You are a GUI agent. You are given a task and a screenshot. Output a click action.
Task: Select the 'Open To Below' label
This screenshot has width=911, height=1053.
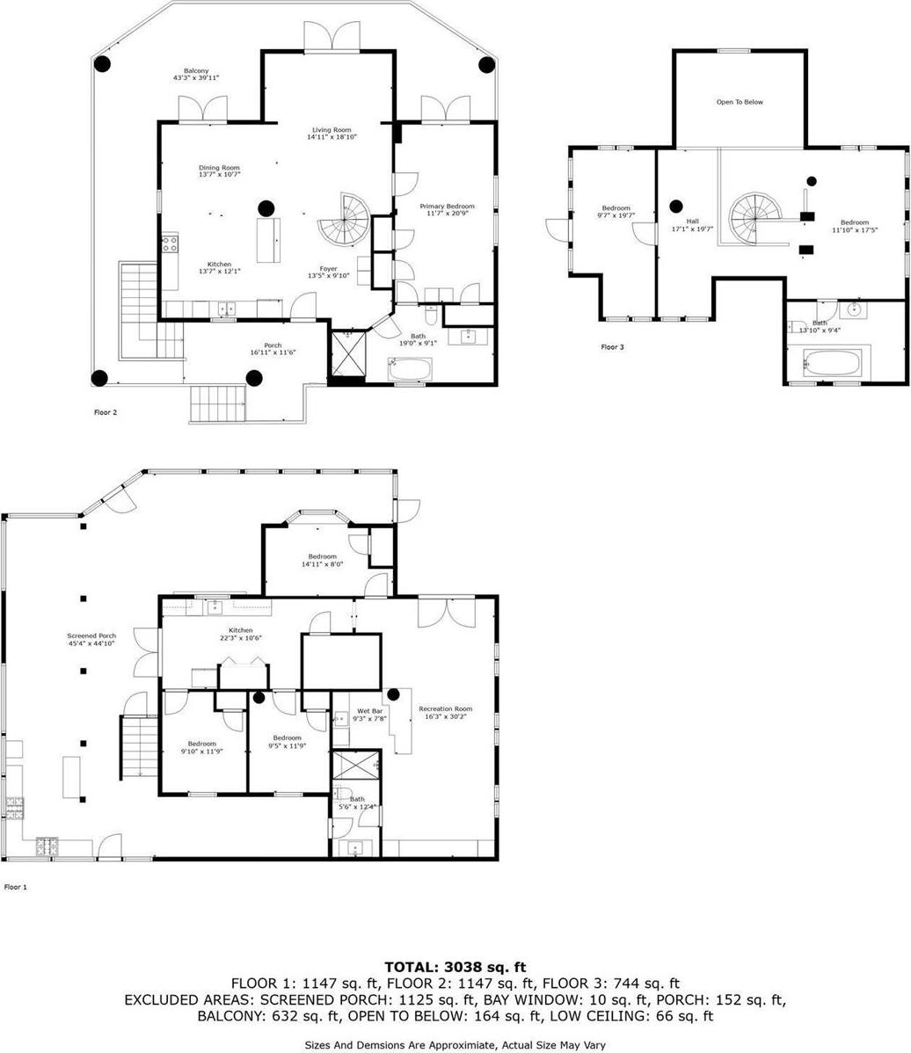click(x=740, y=102)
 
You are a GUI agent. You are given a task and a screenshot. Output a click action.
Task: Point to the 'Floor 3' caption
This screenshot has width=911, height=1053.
click(x=612, y=347)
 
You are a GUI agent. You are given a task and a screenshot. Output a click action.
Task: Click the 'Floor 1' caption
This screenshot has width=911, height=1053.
click(x=16, y=887)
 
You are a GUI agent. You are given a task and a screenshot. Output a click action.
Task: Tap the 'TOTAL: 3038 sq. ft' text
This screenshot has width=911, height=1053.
click(x=455, y=968)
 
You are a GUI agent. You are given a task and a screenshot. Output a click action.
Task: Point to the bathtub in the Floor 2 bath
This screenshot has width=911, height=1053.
click(x=409, y=370)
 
